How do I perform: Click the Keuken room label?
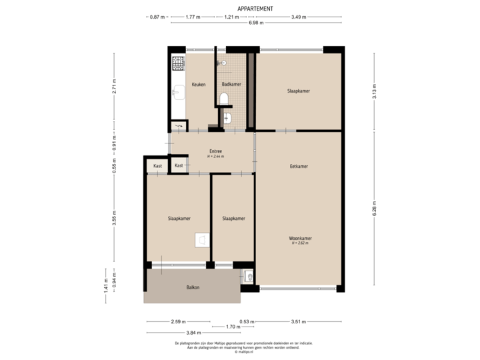(x=198, y=85)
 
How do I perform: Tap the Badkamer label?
(x=231, y=85)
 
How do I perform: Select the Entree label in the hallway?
(x=215, y=151)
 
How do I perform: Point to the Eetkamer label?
(x=299, y=166)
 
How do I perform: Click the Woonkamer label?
(x=301, y=238)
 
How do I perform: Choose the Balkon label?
(x=193, y=287)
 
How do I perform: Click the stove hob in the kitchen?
(x=178, y=64)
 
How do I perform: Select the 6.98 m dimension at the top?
(x=256, y=23)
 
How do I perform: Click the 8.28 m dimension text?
(x=374, y=209)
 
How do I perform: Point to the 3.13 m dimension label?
(x=374, y=90)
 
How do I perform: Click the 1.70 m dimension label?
(x=233, y=327)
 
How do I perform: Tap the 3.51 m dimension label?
(x=299, y=321)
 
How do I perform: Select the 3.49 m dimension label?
(x=299, y=16)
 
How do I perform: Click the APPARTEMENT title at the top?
(x=255, y=9)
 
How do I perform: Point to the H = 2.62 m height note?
(x=301, y=243)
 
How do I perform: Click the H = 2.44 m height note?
(x=215, y=157)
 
